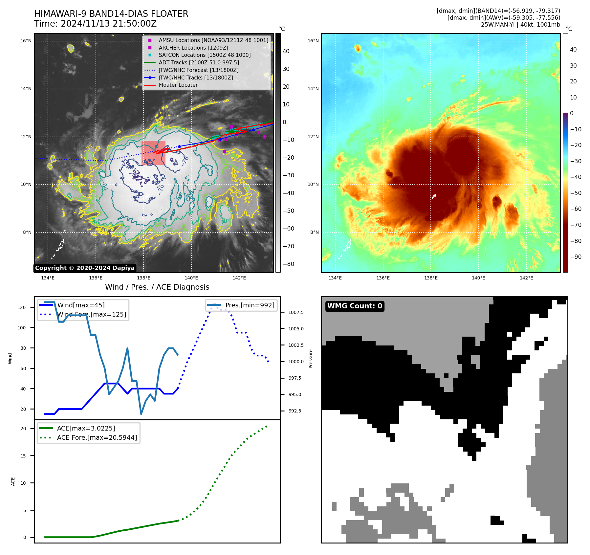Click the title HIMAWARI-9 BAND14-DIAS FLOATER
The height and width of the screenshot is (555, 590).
click(111, 14)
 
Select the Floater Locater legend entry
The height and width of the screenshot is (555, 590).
click(178, 85)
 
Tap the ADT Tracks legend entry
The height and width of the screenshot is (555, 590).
click(199, 62)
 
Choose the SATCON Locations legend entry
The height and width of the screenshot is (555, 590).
click(205, 55)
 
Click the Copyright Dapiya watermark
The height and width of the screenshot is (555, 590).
click(85, 268)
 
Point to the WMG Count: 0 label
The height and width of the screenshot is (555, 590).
click(355, 306)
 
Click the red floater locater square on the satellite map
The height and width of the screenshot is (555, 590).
click(153, 153)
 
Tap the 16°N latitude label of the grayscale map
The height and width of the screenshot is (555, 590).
click(26, 41)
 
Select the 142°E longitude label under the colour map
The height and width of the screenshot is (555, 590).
click(526, 278)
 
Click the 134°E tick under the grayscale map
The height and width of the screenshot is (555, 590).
click(48, 278)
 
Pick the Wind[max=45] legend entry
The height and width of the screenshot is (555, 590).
click(81, 305)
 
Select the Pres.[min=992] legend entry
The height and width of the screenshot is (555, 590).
click(250, 305)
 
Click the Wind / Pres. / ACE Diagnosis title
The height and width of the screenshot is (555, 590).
click(157, 287)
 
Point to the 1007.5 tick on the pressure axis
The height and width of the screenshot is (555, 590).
click(296, 312)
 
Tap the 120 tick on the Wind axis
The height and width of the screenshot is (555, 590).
click(22, 307)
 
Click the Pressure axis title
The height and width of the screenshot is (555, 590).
click(311, 359)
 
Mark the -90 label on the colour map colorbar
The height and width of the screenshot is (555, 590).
click(576, 257)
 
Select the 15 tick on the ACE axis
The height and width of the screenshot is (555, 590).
click(23, 456)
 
